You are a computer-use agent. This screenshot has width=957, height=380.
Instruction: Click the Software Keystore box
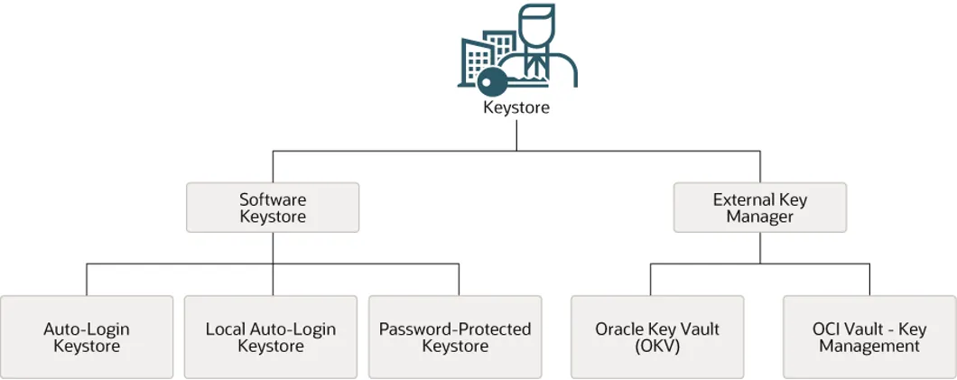point(273,208)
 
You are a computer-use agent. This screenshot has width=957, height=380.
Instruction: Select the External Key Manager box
point(760,208)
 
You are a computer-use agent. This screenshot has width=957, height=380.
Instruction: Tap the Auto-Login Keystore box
point(87,337)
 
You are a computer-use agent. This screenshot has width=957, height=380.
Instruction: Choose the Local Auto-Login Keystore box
point(271,337)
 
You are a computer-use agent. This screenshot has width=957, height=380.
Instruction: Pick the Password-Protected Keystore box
point(455,337)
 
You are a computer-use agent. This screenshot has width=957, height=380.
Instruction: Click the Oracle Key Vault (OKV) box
point(657,337)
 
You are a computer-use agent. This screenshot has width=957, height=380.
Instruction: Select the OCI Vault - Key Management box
point(869,337)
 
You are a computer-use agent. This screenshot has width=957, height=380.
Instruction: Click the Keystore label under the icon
point(516,107)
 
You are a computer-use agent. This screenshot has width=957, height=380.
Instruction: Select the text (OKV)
point(657,346)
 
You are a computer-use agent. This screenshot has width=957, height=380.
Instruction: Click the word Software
point(273,199)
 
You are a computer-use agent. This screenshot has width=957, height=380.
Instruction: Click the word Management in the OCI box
point(869,346)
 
